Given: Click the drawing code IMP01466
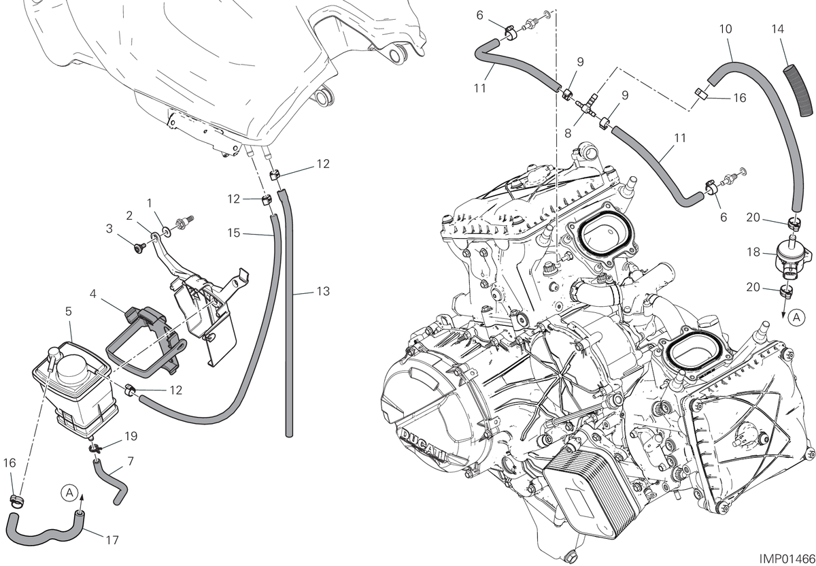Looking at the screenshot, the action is coord(787,559).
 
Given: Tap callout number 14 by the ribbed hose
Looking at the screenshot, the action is coord(778,29).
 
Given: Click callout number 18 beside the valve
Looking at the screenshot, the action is coord(753,252).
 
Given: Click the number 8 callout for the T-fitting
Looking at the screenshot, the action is coord(568,134).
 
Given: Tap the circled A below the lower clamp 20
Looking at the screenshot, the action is coord(796,318).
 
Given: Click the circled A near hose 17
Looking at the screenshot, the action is coord(69,493).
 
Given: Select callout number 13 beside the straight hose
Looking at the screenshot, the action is coord(323,291).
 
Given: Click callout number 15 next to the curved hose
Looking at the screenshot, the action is coord(233,233).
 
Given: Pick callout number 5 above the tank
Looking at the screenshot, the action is coord(69,312).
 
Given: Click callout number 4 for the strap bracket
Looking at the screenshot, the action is coord(93,293).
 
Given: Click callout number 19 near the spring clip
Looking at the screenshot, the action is coord(131,436).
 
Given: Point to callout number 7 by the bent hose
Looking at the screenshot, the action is coord(131,461).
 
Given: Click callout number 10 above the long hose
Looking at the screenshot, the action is coord(726,29).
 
